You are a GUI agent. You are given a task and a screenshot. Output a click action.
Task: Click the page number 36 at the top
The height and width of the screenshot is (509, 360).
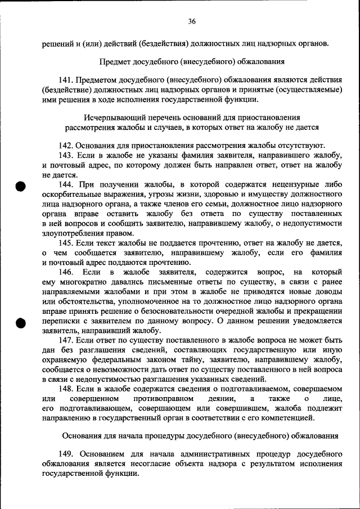coord(191,22)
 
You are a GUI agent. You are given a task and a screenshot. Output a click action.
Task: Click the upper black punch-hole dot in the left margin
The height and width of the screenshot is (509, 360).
coord(21,187)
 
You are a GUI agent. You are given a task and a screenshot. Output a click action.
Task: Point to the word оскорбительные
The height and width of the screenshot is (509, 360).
coord(72,194)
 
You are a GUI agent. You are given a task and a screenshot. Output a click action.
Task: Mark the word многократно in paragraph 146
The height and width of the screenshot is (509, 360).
coord(83,282)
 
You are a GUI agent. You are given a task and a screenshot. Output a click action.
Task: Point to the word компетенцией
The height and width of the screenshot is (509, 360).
coord(282,418)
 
